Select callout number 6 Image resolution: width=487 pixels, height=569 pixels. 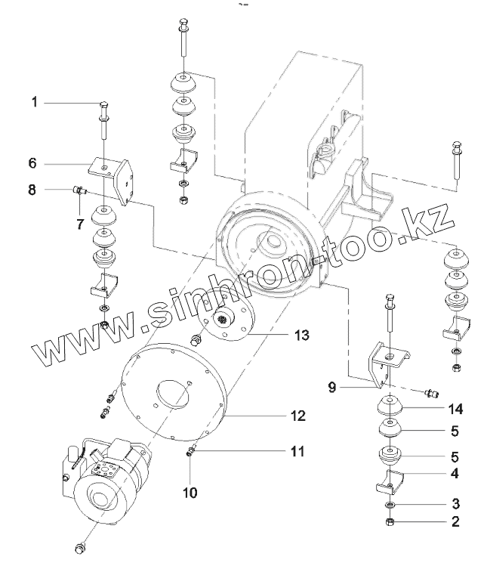[33, 162]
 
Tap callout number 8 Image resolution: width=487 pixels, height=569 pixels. [32, 190]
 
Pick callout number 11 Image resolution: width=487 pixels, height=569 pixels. [297, 452]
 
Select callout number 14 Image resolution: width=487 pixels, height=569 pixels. [454, 409]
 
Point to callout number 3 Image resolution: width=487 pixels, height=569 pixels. [455, 503]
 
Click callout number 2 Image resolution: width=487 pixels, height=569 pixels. [455, 522]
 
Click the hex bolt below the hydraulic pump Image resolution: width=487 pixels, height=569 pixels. [82, 546]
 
